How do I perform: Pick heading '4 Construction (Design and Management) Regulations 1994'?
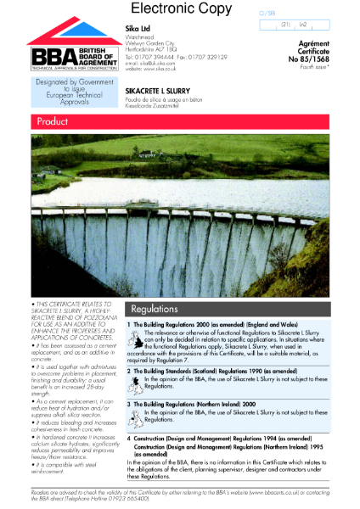pyautogui.click(x=224, y=438)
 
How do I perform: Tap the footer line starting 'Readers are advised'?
pyautogui.click(x=179, y=492)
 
